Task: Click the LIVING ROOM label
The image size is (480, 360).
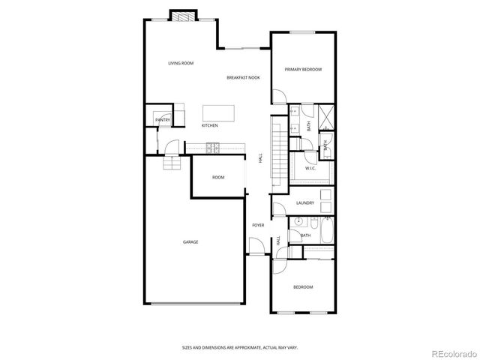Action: click(181, 63)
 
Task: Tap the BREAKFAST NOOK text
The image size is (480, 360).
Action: click(244, 78)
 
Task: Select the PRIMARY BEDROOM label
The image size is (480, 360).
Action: click(303, 69)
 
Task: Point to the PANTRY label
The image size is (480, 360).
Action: click(162, 120)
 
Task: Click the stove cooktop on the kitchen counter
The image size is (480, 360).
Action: click(212, 147)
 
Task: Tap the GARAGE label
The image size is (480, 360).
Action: click(190, 241)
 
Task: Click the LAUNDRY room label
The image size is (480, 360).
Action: click(304, 202)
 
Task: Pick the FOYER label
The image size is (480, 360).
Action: click(258, 225)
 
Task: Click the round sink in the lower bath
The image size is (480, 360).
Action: click(298, 222)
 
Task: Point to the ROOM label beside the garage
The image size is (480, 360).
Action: click(218, 178)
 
